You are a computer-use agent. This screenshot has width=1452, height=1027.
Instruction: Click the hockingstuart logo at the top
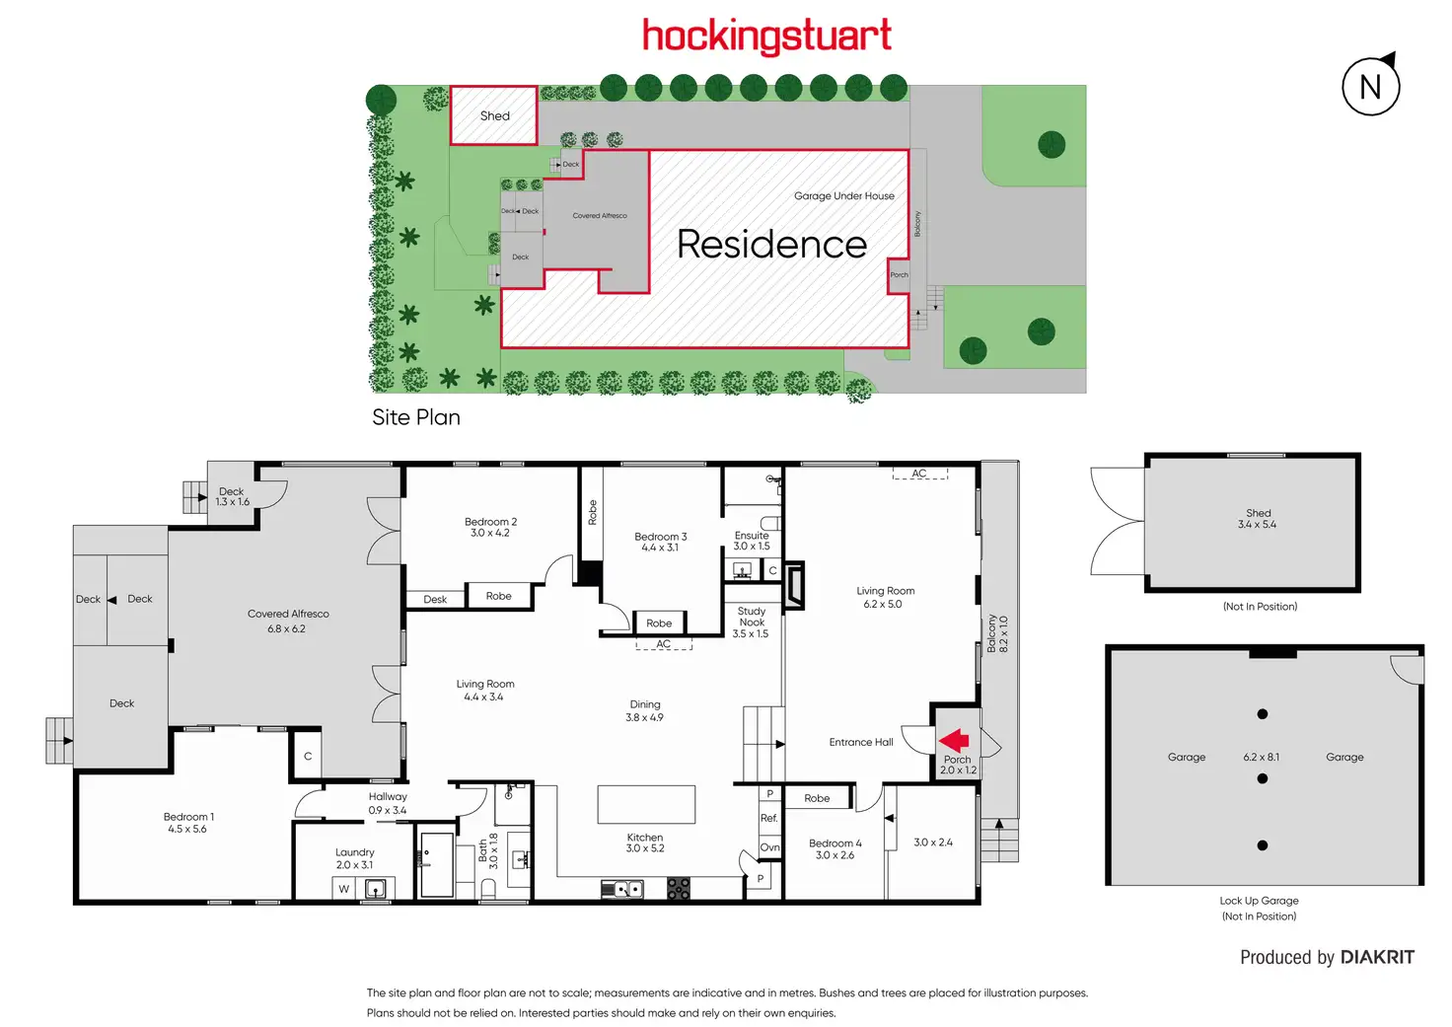pyautogui.click(x=766, y=37)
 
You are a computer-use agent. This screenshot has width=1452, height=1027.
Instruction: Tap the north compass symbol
pyautogui.click(x=1370, y=86)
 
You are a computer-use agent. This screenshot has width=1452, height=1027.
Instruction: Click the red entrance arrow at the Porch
pyautogui.click(x=954, y=740)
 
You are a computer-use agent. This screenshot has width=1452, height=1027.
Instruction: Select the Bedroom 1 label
pyautogui.click(x=188, y=817)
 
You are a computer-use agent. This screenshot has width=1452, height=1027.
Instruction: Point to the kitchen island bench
pyautogui.click(x=646, y=804)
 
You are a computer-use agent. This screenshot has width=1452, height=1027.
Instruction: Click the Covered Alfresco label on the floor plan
pyautogui.click(x=288, y=614)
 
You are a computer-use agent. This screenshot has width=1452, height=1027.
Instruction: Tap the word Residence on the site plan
pyautogui.click(x=771, y=244)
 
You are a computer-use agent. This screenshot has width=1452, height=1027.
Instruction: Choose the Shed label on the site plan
pyautogui.click(x=495, y=116)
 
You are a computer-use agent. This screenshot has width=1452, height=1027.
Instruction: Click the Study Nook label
pyautogui.click(x=752, y=617)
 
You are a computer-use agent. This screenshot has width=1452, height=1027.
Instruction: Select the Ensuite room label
pyautogui.click(x=752, y=536)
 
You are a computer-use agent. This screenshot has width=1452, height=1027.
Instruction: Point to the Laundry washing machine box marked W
pyautogui.click(x=344, y=889)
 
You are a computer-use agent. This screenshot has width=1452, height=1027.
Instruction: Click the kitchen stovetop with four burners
pyautogui.click(x=679, y=889)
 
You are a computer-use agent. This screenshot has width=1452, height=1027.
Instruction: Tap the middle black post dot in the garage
pyautogui.click(x=1263, y=778)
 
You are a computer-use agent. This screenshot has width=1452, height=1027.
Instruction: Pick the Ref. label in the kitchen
pyautogui.click(x=769, y=818)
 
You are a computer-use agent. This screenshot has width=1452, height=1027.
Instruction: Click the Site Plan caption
pyautogui.click(x=416, y=417)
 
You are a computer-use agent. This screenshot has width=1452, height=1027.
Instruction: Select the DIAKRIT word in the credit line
pyautogui.click(x=1378, y=957)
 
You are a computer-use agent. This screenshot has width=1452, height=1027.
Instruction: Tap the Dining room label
pyautogui.click(x=645, y=704)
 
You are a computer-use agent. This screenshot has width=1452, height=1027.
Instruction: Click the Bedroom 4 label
pyautogui.click(x=835, y=844)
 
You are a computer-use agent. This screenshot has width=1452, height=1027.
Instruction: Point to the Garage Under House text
pyautogui.click(x=844, y=196)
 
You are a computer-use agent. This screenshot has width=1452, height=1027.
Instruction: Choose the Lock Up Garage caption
pyautogui.click(x=1259, y=901)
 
